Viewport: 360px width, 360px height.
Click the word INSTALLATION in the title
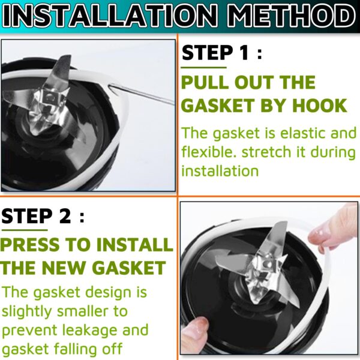coord(110,16)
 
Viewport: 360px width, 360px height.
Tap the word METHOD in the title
coord(292,16)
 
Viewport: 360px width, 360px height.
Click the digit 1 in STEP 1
coord(244,52)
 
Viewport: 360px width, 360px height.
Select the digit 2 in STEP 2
coord(65,215)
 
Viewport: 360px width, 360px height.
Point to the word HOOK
coord(320,106)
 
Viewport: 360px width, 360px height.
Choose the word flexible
coord(209,152)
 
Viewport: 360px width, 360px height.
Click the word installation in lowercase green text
coord(220,171)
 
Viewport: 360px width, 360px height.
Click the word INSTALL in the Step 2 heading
coord(134,244)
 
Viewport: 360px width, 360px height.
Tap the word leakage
coord(89,331)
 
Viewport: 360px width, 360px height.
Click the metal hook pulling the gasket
coord(140,94)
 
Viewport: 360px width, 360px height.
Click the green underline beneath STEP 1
coord(203,67)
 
